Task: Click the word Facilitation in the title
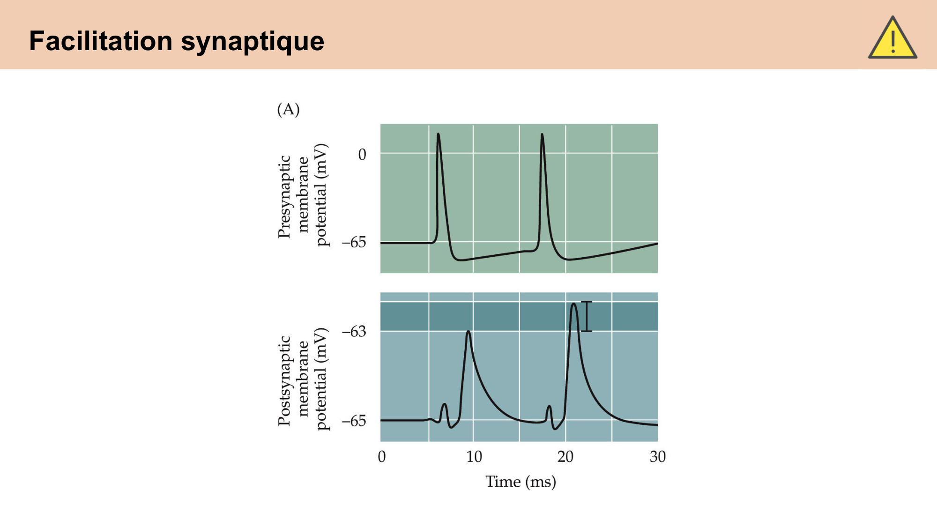pos(101,41)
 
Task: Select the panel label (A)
pos(288,109)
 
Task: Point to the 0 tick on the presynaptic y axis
pos(362,155)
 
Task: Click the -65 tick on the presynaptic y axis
pos(354,243)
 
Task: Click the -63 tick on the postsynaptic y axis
pos(354,332)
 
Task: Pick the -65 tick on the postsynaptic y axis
pos(354,421)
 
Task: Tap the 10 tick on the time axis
pos(474,457)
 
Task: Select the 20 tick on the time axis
pos(565,457)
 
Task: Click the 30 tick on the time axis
pos(657,457)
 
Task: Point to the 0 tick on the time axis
pos(382,457)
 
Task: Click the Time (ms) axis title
pos(521,482)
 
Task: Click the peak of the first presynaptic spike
pos(438,134)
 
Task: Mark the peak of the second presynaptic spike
pos(542,134)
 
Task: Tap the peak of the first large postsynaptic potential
pos(468,332)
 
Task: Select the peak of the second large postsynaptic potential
pos(573,304)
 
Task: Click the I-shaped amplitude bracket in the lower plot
pos(587,317)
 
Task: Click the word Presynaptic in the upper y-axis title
pos(284,197)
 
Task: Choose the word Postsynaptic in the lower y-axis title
pos(284,380)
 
